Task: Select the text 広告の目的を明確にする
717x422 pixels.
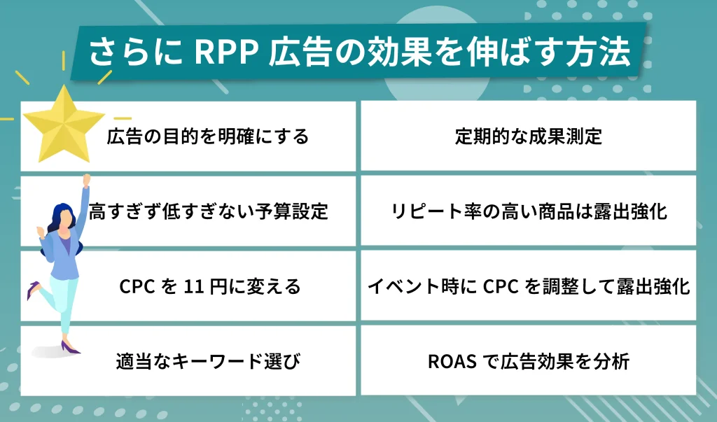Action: (207, 136)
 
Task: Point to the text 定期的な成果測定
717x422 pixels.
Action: (528, 136)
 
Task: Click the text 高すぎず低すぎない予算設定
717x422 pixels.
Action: (209, 211)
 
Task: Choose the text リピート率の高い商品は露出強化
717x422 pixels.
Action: (528, 211)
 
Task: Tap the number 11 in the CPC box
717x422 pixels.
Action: (192, 287)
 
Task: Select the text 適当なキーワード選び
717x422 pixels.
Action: (207, 362)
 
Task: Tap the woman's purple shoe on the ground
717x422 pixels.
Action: (71, 348)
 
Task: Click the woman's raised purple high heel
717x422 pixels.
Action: (32, 291)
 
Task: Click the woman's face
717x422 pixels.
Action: (65, 218)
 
